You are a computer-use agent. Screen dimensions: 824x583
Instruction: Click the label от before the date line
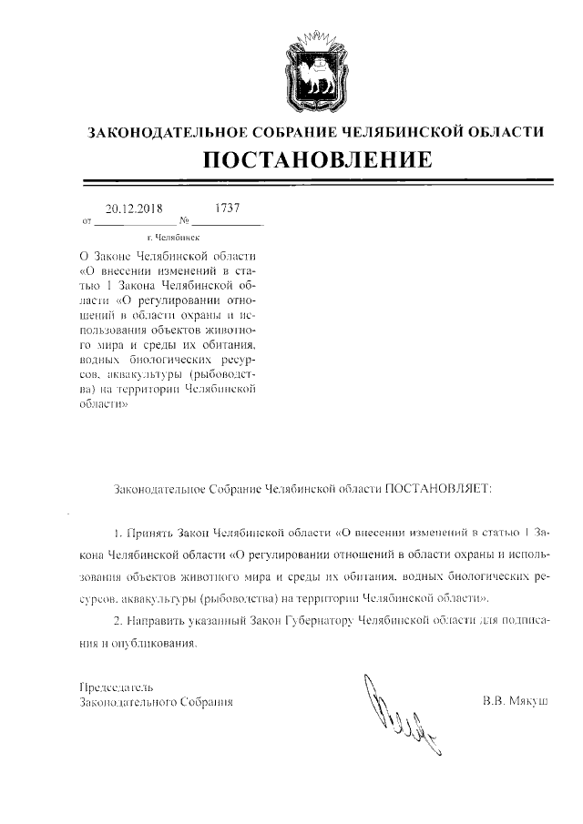click(x=87, y=221)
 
